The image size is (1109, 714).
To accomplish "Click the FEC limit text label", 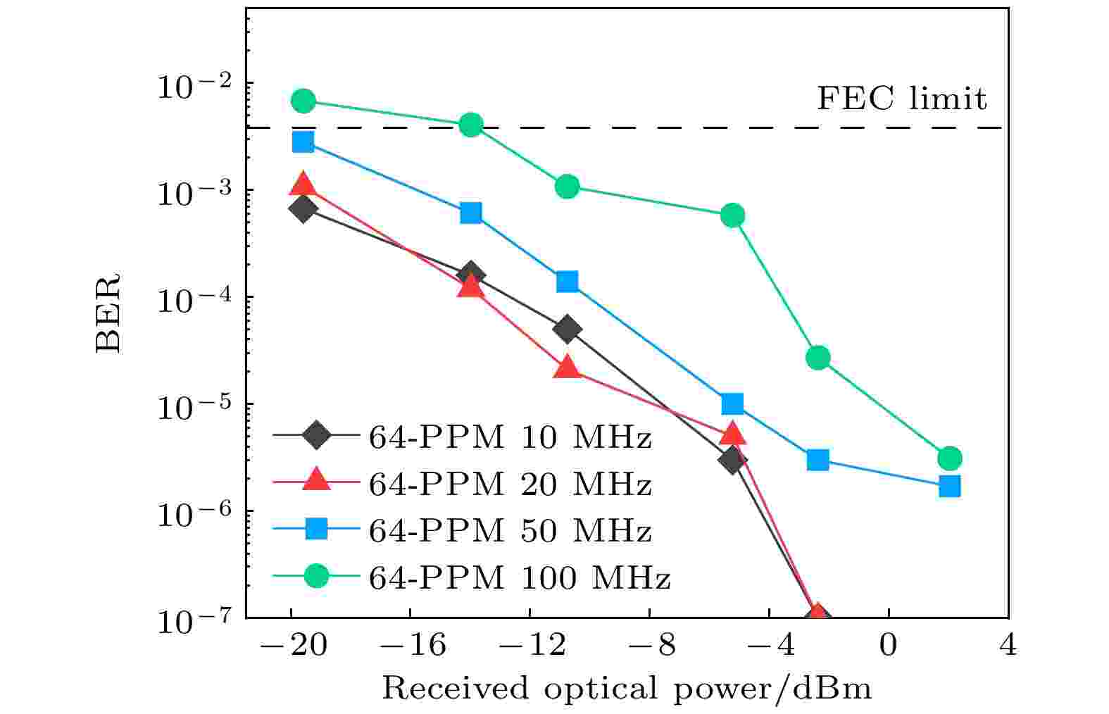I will (x=901, y=99).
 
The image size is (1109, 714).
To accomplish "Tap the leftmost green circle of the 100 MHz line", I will (x=303, y=101).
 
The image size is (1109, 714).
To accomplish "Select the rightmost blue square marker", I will (x=949, y=486).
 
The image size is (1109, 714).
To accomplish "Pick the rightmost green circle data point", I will (x=949, y=458).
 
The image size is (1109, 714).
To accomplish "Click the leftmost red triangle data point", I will (x=303, y=184).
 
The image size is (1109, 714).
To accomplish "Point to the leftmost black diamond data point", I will (x=303, y=209).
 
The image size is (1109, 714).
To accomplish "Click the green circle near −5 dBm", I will (x=732, y=215).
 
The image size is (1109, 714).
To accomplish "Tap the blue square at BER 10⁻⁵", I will (x=732, y=403).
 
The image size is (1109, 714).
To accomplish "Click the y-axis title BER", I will (x=108, y=313).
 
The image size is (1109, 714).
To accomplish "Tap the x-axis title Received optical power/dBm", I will (x=627, y=688).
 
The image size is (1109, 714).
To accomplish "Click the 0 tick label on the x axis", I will (x=889, y=645).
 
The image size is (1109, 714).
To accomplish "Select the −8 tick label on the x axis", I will (x=648, y=645).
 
